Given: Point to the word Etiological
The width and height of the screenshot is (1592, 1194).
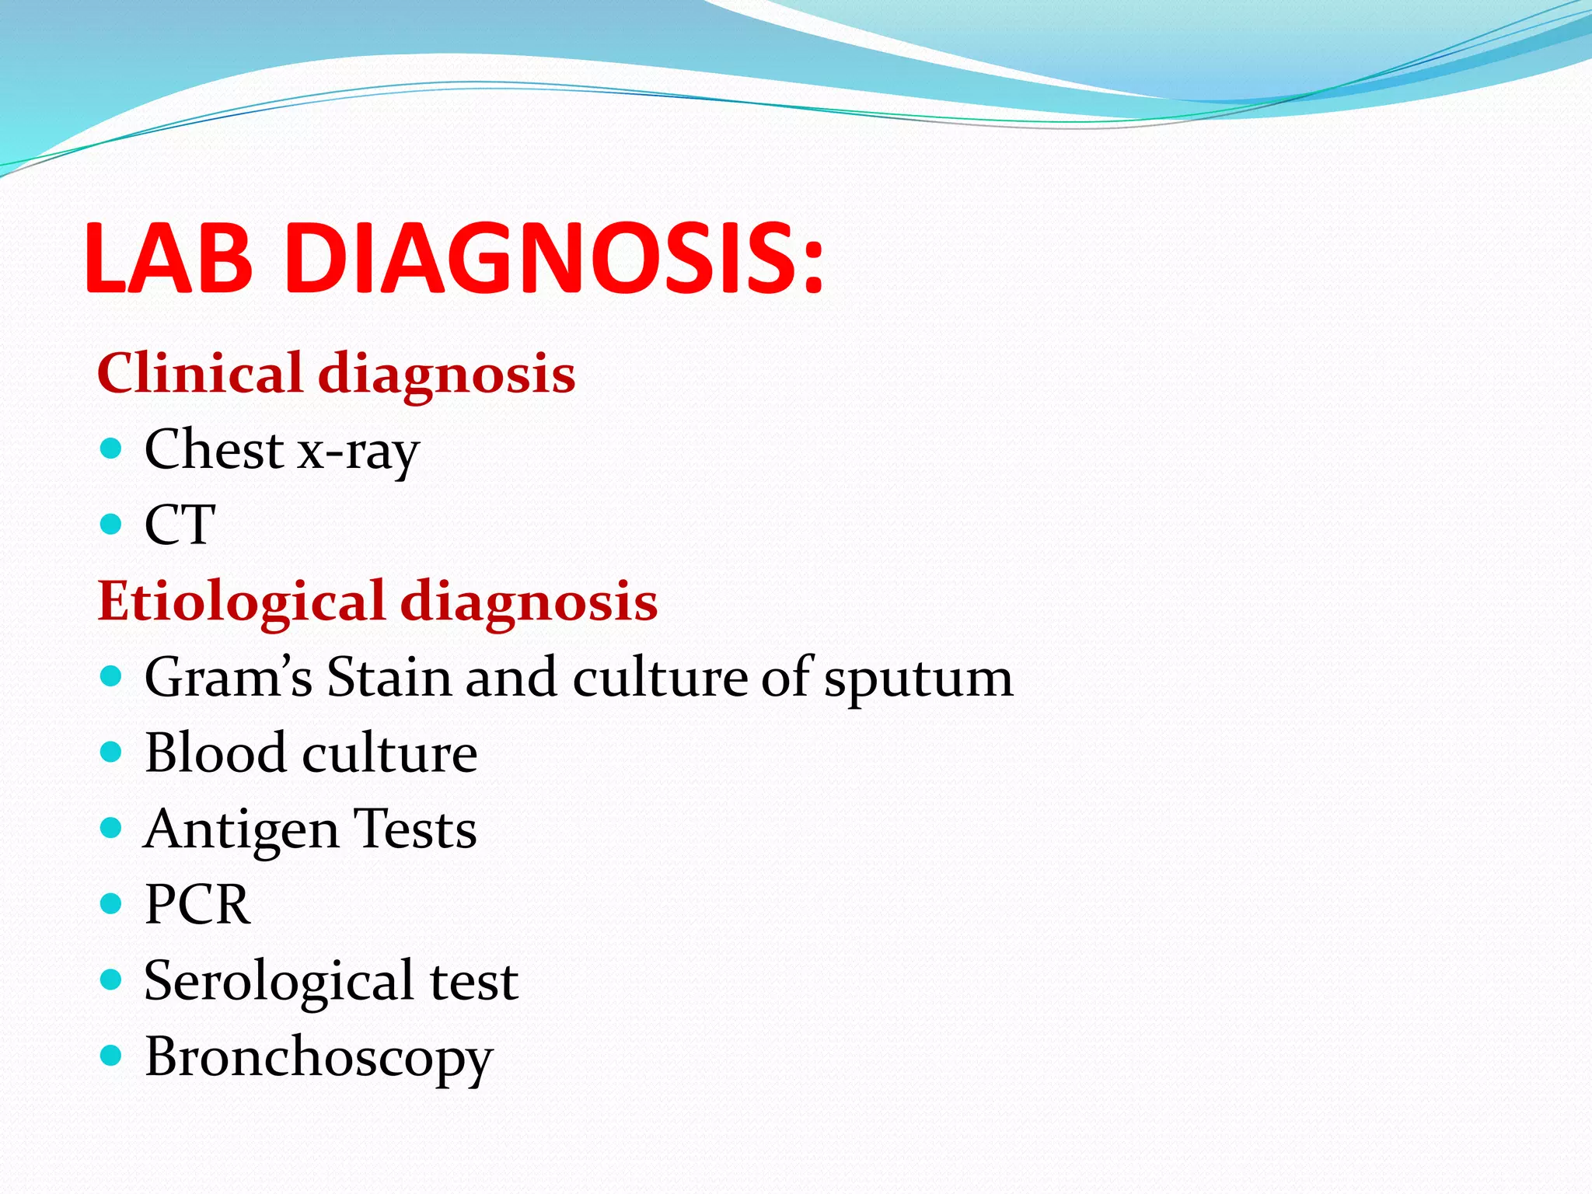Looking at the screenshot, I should [x=242, y=601].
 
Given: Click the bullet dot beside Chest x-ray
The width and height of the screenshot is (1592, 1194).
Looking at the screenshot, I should [x=112, y=449].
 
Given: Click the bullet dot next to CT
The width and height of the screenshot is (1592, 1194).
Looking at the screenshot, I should [x=112, y=524].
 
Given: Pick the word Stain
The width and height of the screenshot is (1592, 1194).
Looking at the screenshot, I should [x=389, y=676].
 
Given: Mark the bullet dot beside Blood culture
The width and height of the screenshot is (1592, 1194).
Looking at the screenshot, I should [x=112, y=752].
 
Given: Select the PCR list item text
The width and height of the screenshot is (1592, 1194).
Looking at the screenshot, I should [x=197, y=904].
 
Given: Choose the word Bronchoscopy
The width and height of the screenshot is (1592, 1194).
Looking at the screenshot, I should [x=319, y=1058].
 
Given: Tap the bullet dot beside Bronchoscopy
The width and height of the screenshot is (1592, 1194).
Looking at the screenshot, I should [x=112, y=1055].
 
